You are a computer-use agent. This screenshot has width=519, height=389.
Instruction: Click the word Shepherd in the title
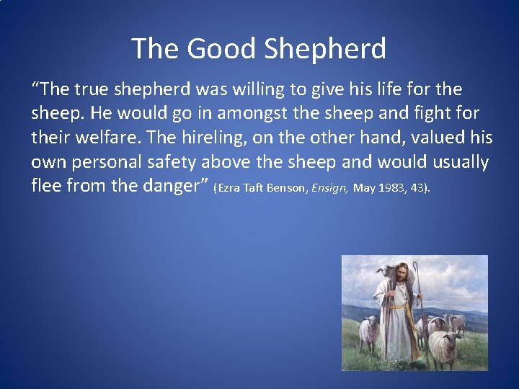point(325,49)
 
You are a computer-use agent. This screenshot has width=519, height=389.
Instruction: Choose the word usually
point(454,162)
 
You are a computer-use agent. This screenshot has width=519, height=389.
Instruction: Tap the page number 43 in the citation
point(418,189)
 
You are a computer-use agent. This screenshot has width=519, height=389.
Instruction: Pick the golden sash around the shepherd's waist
point(399,306)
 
